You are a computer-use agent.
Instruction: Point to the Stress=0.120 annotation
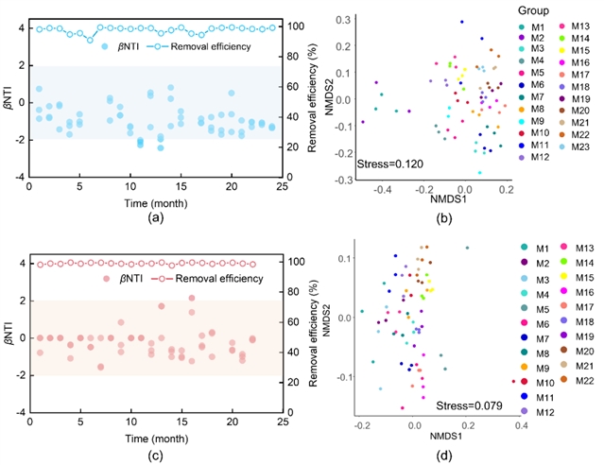coord(388,164)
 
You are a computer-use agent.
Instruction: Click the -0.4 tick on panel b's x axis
coord(382,189)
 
